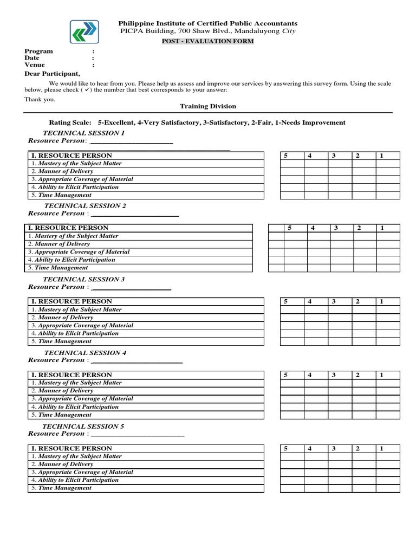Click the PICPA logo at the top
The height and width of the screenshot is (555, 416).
pos(84,32)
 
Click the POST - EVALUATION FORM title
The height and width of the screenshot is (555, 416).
pos(209,41)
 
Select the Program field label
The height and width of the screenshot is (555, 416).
pos(38,51)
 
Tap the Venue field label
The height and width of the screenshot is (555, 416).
pos(35,64)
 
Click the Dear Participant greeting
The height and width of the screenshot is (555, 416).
pos(52,74)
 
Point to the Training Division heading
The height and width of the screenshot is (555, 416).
pos(208,106)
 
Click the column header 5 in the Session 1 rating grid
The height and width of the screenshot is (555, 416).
pos(285,156)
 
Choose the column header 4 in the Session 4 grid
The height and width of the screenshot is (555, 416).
pos(309,375)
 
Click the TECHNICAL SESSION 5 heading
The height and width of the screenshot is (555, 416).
pos(83,426)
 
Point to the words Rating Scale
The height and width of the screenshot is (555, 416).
pos(70,122)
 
